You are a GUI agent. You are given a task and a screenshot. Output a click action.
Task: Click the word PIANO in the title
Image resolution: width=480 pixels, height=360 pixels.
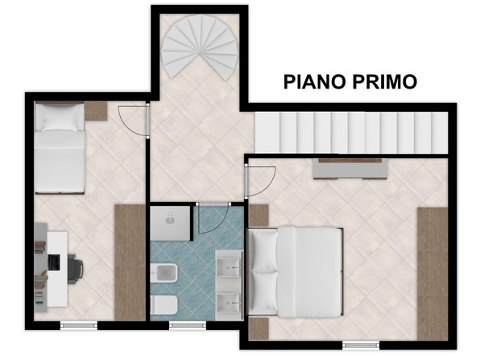pyautogui.click(x=316, y=81)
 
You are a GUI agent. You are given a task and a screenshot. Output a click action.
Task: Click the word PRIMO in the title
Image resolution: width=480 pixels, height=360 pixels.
pyautogui.click(x=384, y=81)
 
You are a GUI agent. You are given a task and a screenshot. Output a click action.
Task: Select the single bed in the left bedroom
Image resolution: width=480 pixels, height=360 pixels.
pyautogui.click(x=60, y=148)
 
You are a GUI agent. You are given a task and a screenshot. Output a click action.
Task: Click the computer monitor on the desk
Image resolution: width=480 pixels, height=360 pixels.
pyautogui.click(x=54, y=263)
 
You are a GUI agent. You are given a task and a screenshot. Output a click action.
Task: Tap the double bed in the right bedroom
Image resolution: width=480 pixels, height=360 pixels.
pyautogui.click(x=295, y=272)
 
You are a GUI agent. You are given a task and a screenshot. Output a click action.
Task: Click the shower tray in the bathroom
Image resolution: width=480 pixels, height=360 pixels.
pyautogui.click(x=171, y=223)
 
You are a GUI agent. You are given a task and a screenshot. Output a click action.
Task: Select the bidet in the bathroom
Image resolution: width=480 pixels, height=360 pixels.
pyautogui.click(x=164, y=273)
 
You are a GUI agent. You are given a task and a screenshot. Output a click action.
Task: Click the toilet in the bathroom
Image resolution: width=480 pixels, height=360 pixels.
pyautogui.click(x=164, y=305)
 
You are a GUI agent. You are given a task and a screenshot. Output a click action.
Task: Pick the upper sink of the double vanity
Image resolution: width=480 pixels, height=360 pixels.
pyautogui.click(x=229, y=267)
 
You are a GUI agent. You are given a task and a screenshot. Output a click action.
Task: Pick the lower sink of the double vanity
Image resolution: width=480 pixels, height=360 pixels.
pyautogui.click(x=229, y=303)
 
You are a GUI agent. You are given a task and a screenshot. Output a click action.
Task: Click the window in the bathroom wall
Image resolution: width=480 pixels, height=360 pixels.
pyautogui.click(x=188, y=325)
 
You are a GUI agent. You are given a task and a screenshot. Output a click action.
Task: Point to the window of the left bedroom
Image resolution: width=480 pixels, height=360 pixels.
pyautogui.click(x=79, y=325)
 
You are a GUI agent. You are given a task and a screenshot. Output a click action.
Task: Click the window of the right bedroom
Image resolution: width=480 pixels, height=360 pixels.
pyautogui.click(x=361, y=345)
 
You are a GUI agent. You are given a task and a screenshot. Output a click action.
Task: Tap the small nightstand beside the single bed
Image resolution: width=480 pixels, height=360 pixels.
pyautogui.click(x=96, y=111)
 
